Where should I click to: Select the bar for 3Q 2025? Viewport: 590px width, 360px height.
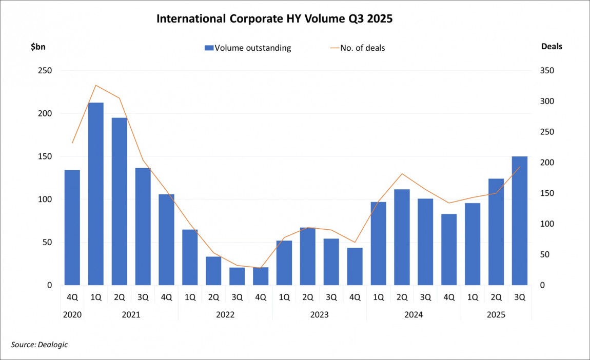520,221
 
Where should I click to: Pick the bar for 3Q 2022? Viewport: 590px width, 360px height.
237,276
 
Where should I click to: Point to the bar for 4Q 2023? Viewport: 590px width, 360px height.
355,266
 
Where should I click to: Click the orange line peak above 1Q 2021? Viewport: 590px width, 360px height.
96,85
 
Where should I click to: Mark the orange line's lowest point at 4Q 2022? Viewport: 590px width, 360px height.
261,268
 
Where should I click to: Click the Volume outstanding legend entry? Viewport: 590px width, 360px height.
248,48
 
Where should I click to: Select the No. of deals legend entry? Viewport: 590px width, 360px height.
358,48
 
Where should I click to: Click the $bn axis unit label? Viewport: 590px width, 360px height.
38,47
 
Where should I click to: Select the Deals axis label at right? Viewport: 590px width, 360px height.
552,47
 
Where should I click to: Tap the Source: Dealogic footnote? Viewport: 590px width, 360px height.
40,345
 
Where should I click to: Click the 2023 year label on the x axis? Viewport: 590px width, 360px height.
319,314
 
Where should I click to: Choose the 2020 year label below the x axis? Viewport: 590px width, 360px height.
72,314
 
